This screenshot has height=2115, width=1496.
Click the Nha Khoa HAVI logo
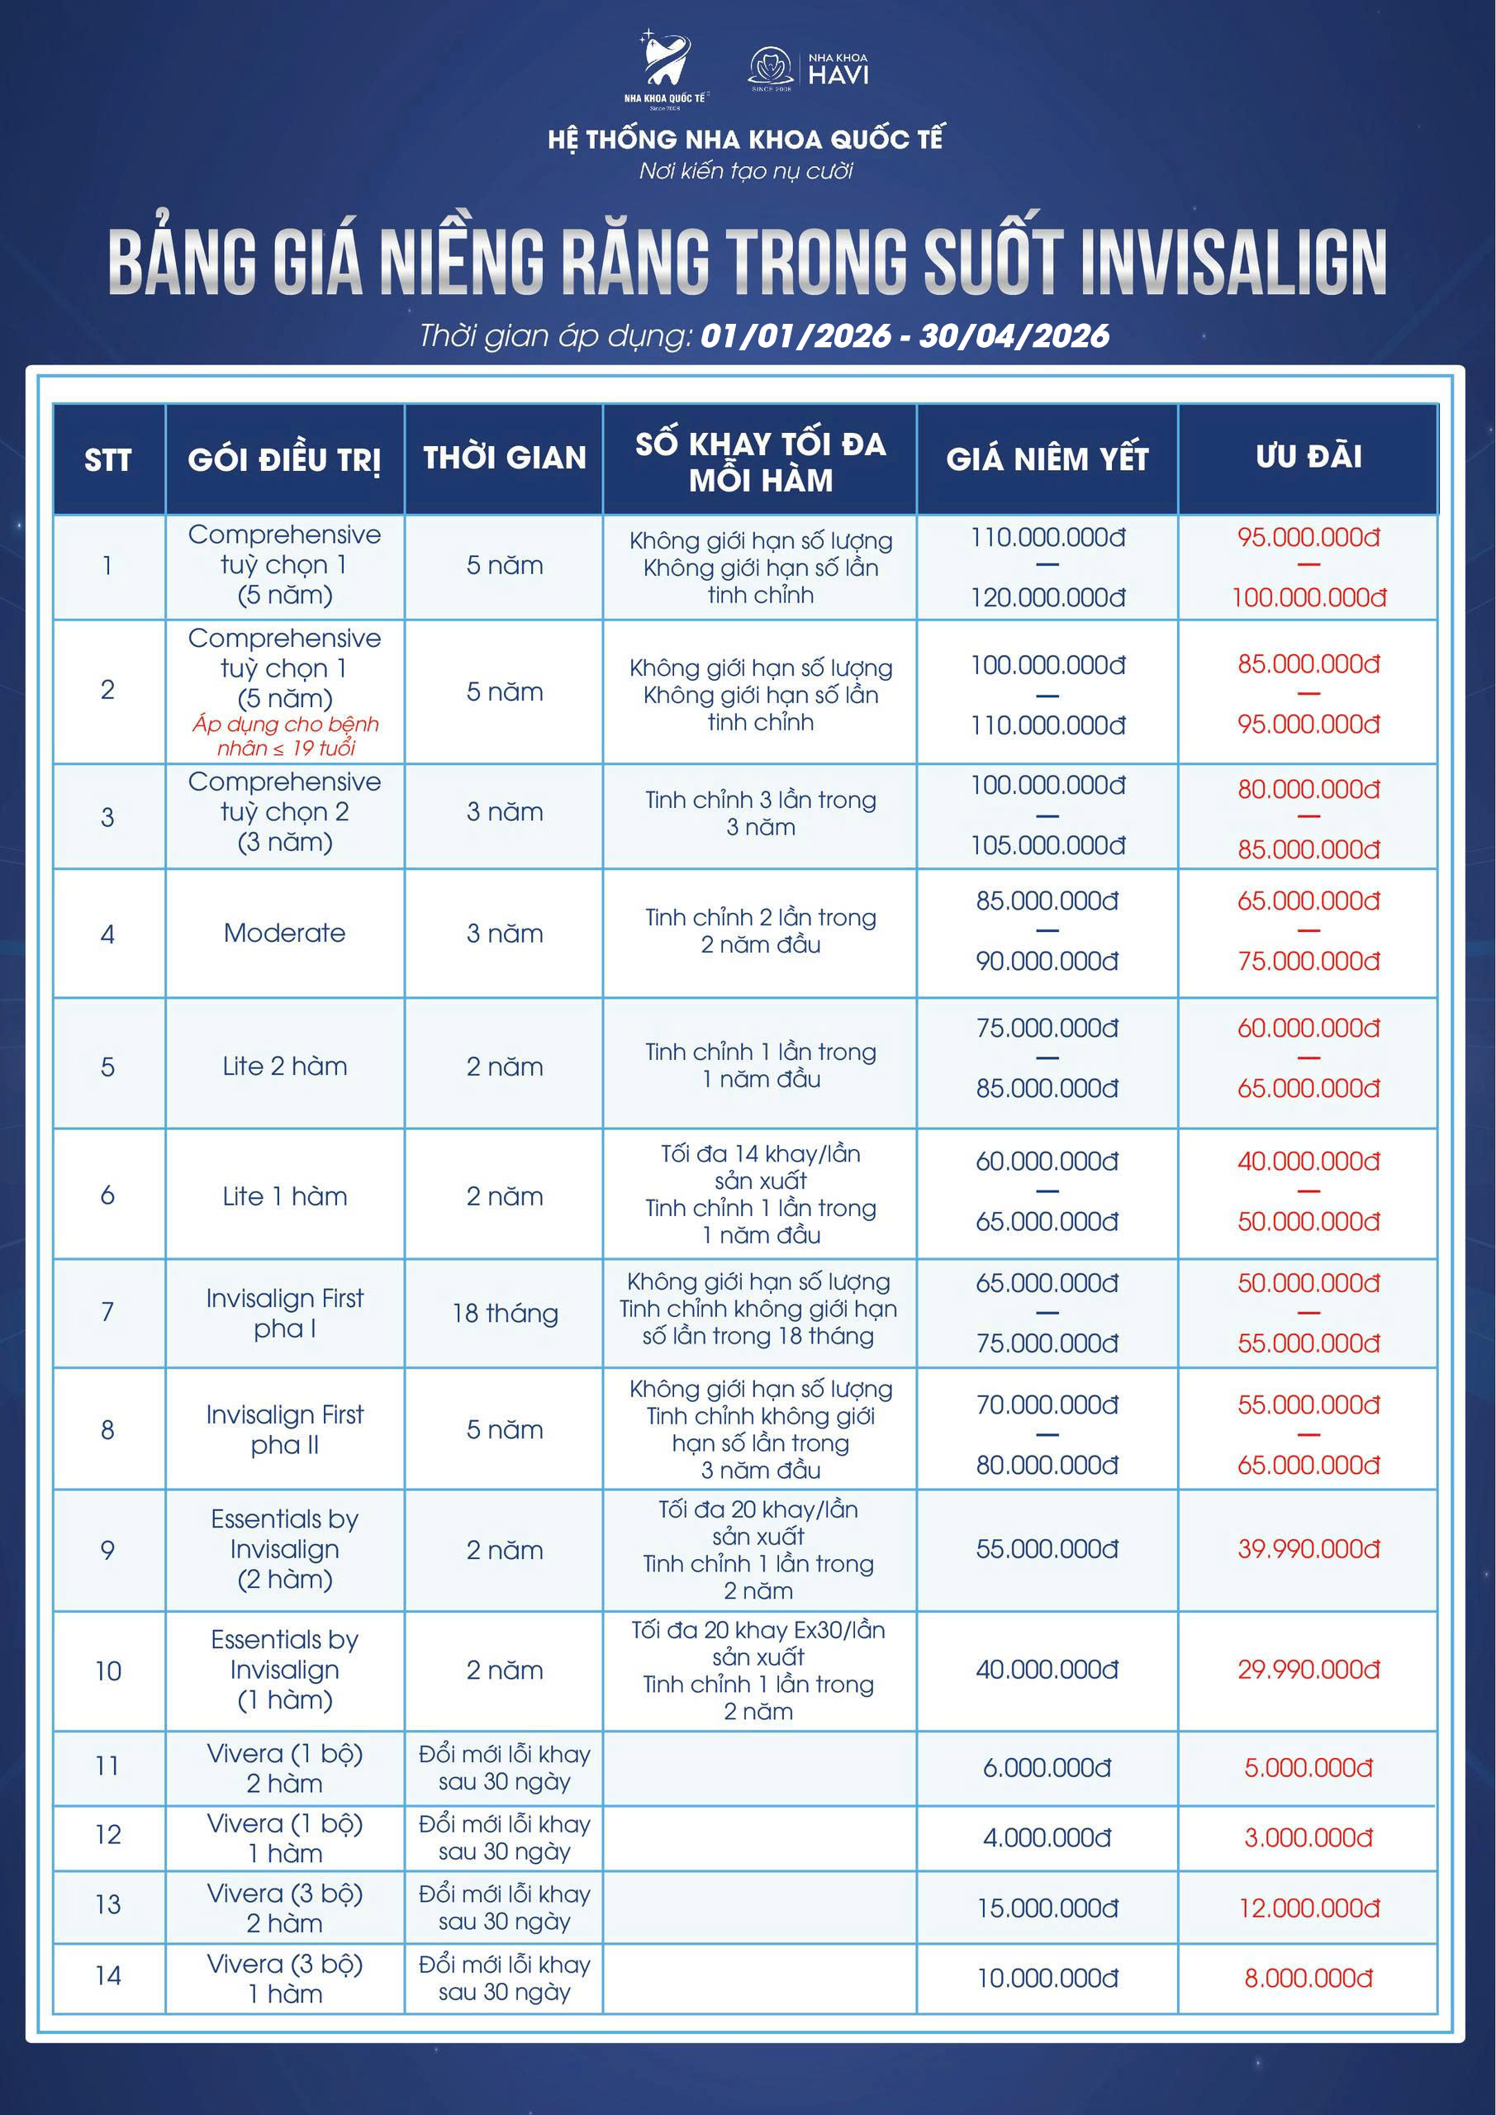(x=808, y=69)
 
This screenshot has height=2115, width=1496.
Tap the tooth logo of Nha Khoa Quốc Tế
(x=666, y=63)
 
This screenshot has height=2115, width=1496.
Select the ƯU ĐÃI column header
(x=1308, y=457)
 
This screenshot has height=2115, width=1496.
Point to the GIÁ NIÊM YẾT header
(x=1047, y=459)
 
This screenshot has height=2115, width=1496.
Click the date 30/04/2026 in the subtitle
(x=1014, y=336)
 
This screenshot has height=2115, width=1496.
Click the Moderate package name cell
(x=285, y=933)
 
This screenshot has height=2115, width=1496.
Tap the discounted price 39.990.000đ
(x=1308, y=1549)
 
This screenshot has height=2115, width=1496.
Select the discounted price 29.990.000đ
(x=1308, y=1670)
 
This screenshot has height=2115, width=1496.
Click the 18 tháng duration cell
(x=505, y=1314)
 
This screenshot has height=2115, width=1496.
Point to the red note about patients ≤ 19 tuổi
(x=286, y=736)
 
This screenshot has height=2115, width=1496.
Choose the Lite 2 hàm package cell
(x=285, y=1067)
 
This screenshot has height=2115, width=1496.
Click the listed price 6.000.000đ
(x=1047, y=1768)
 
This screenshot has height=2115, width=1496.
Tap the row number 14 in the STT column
(x=107, y=1976)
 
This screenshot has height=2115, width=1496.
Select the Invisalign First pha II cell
(x=285, y=1429)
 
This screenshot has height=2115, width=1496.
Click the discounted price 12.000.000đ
(x=1308, y=1908)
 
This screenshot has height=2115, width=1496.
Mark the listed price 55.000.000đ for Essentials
(x=1047, y=1549)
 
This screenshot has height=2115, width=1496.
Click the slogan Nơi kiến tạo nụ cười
(x=746, y=171)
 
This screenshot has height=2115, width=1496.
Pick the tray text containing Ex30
(x=758, y=1631)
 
